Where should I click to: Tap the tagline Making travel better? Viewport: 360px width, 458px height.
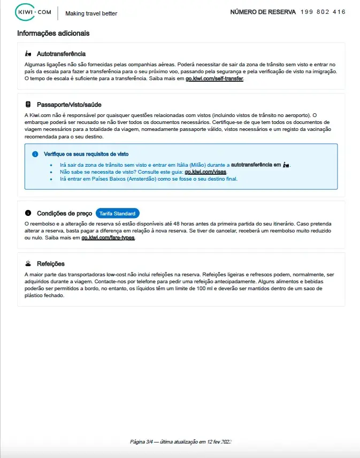(x=91, y=13)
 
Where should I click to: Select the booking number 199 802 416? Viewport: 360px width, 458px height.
(x=323, y=12)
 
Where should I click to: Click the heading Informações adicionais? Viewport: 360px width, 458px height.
(x=53, y=33)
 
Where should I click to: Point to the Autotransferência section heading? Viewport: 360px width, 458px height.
(x=61, y=54)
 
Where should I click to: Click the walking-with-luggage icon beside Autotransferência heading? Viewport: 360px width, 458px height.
(x=28, y=54)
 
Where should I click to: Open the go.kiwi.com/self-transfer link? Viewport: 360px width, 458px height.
(x=214, y=79)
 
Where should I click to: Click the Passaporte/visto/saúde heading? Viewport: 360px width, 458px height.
(x=69, y=104)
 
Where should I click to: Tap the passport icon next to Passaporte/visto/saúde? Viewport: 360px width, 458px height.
(x=28, y=104)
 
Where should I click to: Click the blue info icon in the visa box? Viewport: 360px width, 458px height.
(x=35, y=154)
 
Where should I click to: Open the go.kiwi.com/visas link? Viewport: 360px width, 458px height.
(x=206, y=172)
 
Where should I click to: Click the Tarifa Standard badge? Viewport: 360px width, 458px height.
(x=117, y=213)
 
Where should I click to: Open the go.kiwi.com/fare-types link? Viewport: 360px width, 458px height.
(x=108, y=238)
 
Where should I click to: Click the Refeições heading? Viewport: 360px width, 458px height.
(x=50, y=263)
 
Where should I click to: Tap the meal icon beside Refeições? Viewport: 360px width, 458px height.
(x=28, y=263)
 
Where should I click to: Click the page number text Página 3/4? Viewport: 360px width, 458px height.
(x=142, y=442)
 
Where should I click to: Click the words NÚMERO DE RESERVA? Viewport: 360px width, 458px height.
(x=263, y=12)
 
